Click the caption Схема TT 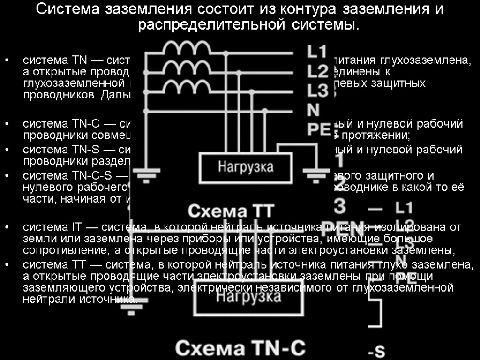(231, 210)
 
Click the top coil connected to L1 (187, 48)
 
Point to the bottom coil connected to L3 (187, 87)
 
